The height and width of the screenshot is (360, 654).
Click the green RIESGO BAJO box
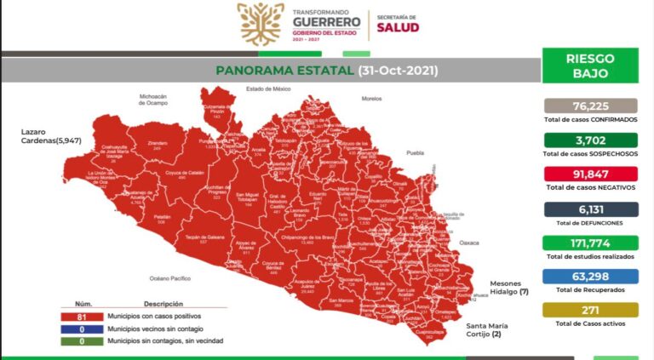590,66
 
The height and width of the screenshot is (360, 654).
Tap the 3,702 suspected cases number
590,140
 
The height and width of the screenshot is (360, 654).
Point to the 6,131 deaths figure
590,209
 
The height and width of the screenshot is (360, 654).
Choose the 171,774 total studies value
590,243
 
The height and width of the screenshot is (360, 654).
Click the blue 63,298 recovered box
590,277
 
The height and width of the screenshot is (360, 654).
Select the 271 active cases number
590,311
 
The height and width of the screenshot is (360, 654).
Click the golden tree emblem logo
261,24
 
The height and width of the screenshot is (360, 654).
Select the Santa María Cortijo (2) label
489,330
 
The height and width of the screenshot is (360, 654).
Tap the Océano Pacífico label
172,278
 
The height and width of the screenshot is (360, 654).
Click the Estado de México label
268,89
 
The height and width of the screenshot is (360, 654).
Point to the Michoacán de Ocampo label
158,100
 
